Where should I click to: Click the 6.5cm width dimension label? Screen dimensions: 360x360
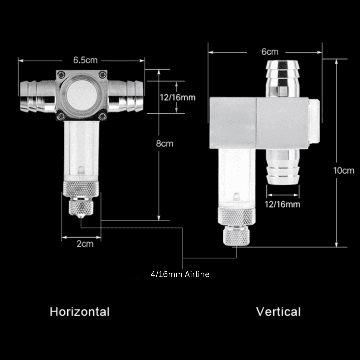(x=85, y=60)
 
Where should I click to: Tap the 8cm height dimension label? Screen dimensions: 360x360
(x=165, y=144)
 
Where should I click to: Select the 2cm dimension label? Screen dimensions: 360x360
(x=85, y=244)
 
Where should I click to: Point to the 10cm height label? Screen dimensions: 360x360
(x=344, y=170)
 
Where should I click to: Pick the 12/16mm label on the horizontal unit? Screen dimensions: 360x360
(x=177, y=97)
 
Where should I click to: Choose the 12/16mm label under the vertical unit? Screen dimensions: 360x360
(x=282, y=204)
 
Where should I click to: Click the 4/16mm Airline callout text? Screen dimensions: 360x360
(x=180, y=274)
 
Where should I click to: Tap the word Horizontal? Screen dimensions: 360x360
(x=80, y=312)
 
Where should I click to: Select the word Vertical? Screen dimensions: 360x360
(x=278, y=312)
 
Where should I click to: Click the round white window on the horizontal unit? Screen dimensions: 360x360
(x=81, y=95)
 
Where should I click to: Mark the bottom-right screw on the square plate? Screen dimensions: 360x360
(x=103, y=116)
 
